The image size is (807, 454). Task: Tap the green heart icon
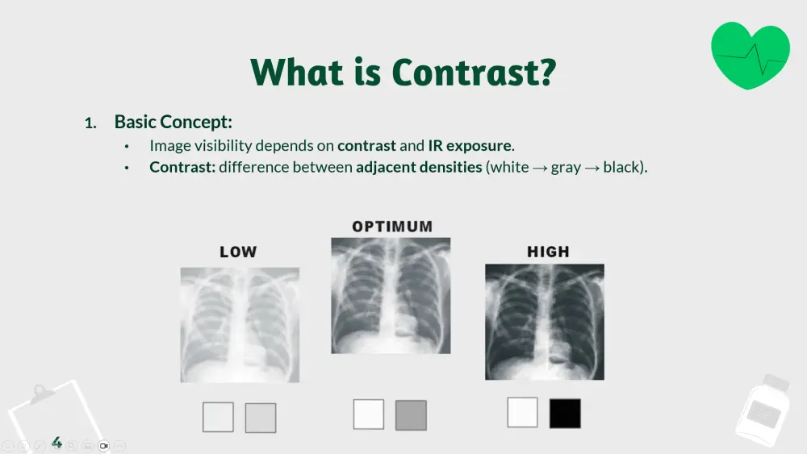point(750,55)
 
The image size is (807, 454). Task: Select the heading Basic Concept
point(174,122)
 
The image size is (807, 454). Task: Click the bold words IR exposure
point(470,145)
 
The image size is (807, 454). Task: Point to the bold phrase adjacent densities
point(419,167)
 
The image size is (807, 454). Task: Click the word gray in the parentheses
point(566,168)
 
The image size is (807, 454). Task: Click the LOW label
point(238,252)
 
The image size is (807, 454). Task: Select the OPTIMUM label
point(392,227)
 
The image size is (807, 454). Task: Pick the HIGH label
point(548,252)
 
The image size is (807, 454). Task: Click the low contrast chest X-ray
point(240,325)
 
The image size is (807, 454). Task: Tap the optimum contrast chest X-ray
point(391,296)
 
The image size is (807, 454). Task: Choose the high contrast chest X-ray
point(545,322)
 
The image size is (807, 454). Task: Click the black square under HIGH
point(565,414)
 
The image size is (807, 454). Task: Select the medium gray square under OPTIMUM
point(412,415)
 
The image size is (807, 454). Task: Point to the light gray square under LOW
point(261,418)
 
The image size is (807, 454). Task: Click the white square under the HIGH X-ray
point(522,412)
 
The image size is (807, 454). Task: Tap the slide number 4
point(56,442)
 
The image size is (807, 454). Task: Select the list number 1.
point(90,123)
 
